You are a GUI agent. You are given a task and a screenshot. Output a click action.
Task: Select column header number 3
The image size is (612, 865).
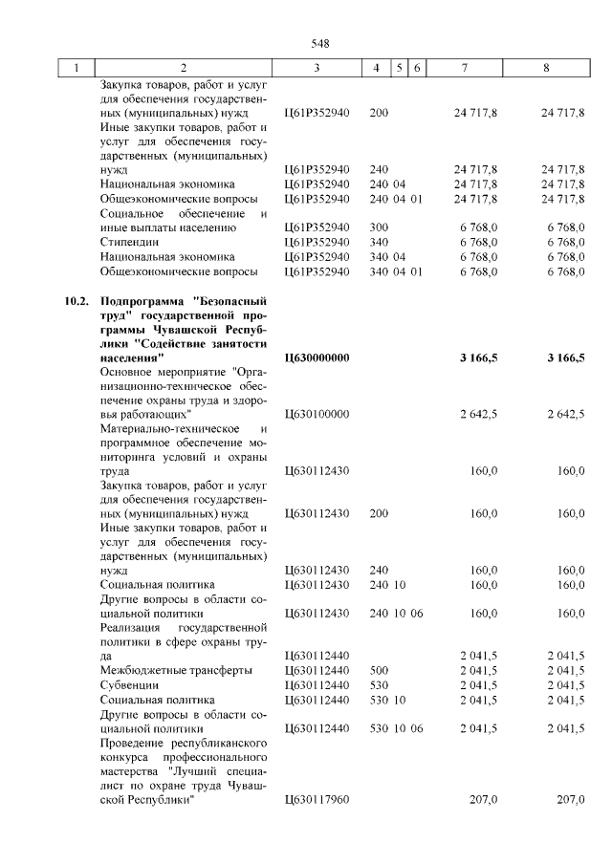[x=317, y=68]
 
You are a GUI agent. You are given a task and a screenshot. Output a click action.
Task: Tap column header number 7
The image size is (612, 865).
[x=465, y=68]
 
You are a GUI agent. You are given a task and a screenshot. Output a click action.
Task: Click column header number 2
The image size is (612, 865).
[x=183, y=68]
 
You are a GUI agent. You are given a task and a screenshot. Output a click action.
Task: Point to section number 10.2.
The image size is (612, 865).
[x=77, y=302]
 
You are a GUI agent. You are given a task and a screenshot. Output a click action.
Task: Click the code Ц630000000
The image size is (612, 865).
[x=318, y=357]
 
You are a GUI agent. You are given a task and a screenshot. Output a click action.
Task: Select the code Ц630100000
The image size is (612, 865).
[x=318, y=414]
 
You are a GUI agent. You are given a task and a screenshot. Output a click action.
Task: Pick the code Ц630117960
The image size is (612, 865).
[x=318, y=799]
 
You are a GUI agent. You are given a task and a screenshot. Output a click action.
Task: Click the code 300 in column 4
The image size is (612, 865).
[x=379, y=227]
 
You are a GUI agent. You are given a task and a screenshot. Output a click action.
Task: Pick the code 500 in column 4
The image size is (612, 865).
[x=379, y=670]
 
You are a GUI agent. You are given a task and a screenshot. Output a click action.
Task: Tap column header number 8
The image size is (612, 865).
[x=546, y=68]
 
